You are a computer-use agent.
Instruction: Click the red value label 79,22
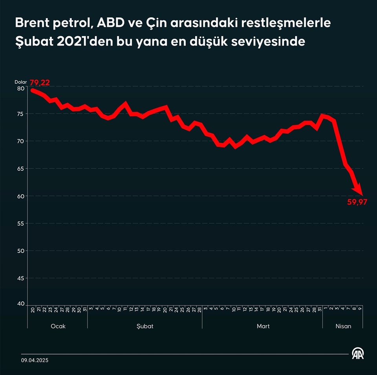tap(40, 83)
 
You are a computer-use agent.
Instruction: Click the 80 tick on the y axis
tap(20, 88)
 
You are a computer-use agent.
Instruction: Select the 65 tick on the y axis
tap(20, 168)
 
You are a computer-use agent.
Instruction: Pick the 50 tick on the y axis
tap(20, 251)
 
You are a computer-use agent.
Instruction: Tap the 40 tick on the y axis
tap(20, 304)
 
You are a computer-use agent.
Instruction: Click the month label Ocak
tap(58, 326)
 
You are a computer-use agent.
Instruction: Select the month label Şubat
tap(145, 326)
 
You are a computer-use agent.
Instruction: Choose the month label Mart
tap(263, 326)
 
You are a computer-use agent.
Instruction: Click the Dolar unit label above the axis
tap(21, 82)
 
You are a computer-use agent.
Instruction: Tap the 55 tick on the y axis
tap(20, 223)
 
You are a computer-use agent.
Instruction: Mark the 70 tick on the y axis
tap(20, 141)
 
